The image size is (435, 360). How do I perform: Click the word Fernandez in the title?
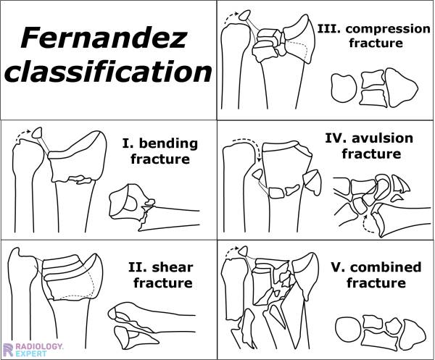(103, 38)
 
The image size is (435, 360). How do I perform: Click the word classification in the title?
(109, 72)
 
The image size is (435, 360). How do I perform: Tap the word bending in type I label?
(168, 144)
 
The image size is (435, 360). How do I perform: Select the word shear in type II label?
(173, 267)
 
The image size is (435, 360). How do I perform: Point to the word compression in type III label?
(388, 29)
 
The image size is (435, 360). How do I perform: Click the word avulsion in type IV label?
(383, 138)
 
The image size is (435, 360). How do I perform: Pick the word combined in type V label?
(386, 267)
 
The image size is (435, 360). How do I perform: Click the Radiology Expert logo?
(33, 349)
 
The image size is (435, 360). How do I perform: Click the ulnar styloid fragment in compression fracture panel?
(244, 15)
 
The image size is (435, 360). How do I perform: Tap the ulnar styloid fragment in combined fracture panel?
(244, 251)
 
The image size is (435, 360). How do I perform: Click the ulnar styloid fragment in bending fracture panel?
(37, 133)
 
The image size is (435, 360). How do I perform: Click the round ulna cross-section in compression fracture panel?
(344, 88)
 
